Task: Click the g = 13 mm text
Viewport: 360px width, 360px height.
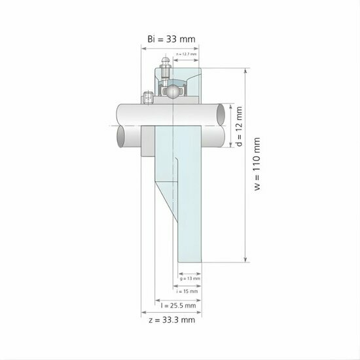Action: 190,278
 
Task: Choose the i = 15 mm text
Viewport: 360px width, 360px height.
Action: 190,291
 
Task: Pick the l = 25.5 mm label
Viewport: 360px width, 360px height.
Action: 178,305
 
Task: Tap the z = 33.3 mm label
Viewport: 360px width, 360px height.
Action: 172,319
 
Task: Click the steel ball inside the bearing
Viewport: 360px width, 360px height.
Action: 172,91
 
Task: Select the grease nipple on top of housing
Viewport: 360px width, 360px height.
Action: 164,66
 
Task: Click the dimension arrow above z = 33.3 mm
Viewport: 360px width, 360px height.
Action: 171,312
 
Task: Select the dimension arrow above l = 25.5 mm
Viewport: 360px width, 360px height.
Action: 177,298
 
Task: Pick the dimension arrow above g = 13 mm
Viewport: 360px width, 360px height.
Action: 190,272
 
